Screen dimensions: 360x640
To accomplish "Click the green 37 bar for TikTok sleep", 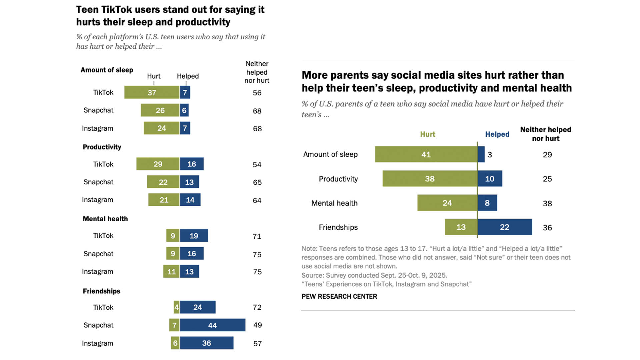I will coord(152,92).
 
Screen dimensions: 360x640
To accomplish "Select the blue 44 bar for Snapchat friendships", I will coord(213,325).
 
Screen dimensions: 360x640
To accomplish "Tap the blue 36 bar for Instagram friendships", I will coord(207,343).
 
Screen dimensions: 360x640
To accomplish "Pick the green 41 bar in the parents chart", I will coord(426,154).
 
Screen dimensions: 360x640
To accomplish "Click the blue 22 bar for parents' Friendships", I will coord(505,227).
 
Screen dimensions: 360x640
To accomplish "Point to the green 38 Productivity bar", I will coord(430,179).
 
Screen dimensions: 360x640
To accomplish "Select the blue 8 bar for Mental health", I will coord(487,203).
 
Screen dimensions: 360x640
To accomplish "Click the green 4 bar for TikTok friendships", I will coord(176,307).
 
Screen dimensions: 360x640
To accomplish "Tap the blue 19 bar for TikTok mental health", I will coord(194,236).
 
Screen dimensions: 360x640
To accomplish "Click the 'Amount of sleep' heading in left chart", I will coord(107,70).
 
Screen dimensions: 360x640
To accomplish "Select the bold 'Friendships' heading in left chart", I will coord(101,291).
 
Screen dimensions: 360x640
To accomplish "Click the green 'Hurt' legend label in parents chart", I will coord(427,134).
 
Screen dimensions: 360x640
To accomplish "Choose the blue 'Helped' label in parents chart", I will coord(497,134).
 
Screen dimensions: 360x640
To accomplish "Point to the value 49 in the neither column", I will coord(257,325).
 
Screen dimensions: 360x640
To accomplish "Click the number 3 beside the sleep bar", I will coord(490,155).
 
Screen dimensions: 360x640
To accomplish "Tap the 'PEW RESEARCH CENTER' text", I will coord(339,296).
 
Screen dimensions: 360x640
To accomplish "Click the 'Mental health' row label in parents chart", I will coord(334,203).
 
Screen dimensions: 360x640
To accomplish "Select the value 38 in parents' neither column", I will coord(547,203).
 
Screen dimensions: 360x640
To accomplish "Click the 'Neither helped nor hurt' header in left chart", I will coord(257,72).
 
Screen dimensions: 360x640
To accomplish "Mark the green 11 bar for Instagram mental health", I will coord(171,272).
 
